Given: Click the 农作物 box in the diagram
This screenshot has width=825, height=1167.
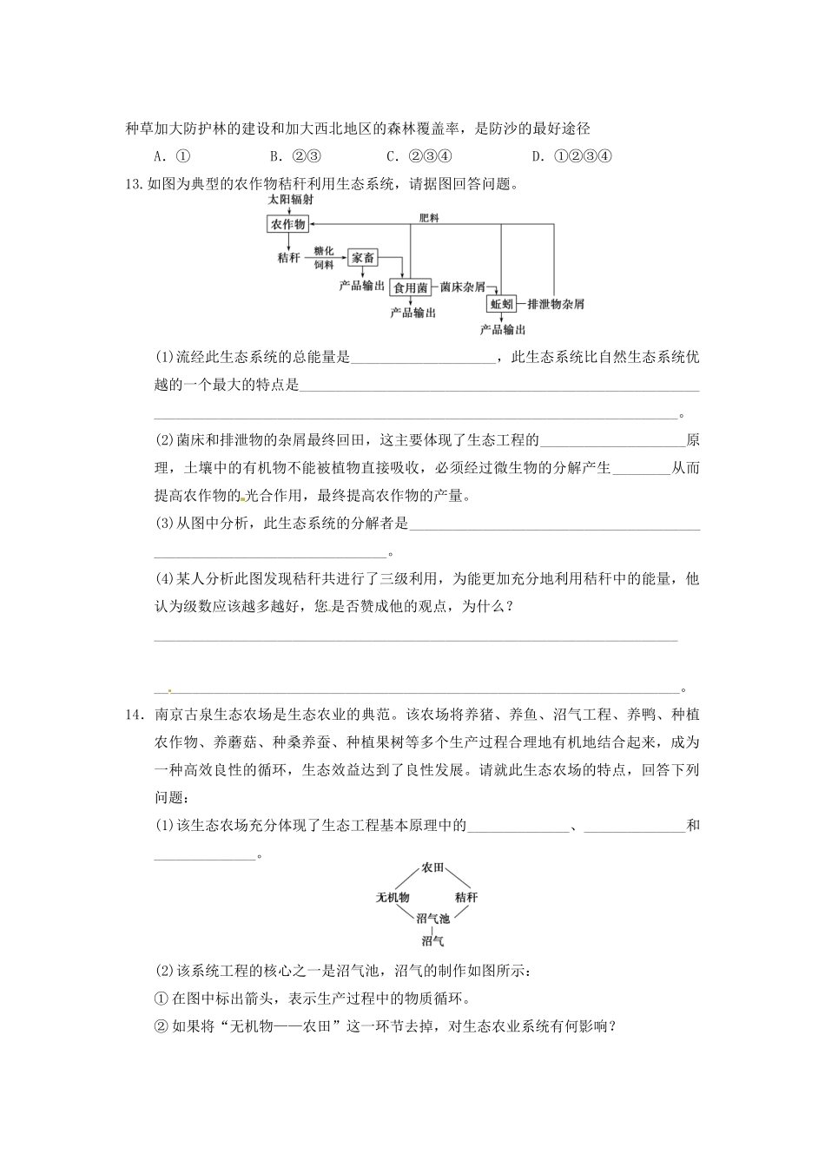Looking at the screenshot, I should point(288,224).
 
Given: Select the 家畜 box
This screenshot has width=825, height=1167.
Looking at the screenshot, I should point(363,257).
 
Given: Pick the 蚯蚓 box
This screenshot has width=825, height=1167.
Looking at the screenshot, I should point(502,304).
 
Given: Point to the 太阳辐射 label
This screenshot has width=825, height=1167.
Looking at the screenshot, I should point(291,199).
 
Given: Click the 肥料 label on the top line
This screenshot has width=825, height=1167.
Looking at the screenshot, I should point(429,218).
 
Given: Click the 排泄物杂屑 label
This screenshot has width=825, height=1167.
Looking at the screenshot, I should point(556,304).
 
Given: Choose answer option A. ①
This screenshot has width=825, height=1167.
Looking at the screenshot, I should point(171,156).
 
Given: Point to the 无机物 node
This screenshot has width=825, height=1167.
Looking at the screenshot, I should point(393,897).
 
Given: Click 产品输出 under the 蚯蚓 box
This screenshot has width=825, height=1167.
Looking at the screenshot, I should point(503,330).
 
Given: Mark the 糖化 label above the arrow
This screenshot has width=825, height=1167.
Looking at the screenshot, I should point(324,250).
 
